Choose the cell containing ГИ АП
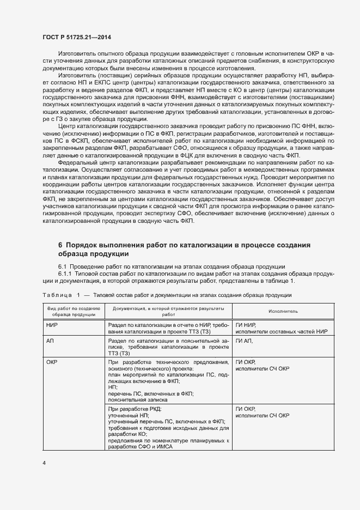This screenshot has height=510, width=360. (x=245, y=340)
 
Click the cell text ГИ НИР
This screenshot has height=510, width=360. (x=246, y=324)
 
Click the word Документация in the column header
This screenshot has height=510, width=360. (x=129, y=308)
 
